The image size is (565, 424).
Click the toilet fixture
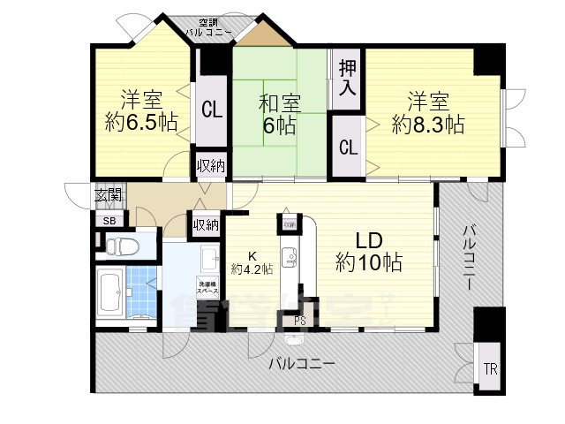tap(118, 244)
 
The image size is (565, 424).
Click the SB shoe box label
tap(109, 220)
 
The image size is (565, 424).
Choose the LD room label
tap(368, 240)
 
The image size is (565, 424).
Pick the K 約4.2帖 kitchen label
tap(243, 261)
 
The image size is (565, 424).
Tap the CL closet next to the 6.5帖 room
tap(210, 110)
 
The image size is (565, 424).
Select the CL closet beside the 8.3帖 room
tap(347, 147)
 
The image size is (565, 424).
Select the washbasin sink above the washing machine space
tap(210, 259)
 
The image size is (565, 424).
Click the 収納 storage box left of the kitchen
tap(206, 225)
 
